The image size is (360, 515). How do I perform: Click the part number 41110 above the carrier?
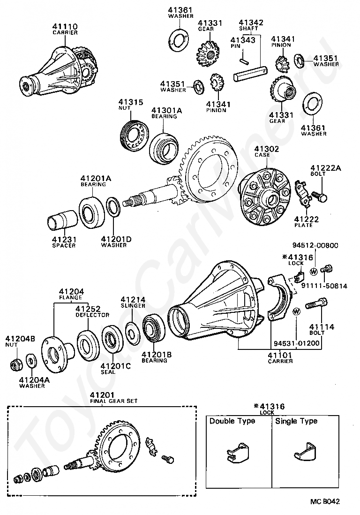tap(65, 26)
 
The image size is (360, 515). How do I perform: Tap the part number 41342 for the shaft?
tap(251, 22)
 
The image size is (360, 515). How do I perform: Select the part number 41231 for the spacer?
tap(64, 239)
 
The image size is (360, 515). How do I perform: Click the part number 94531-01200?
tap(297, 343)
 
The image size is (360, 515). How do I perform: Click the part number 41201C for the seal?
tap(115, 366)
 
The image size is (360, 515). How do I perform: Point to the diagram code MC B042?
tap(324, 501)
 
